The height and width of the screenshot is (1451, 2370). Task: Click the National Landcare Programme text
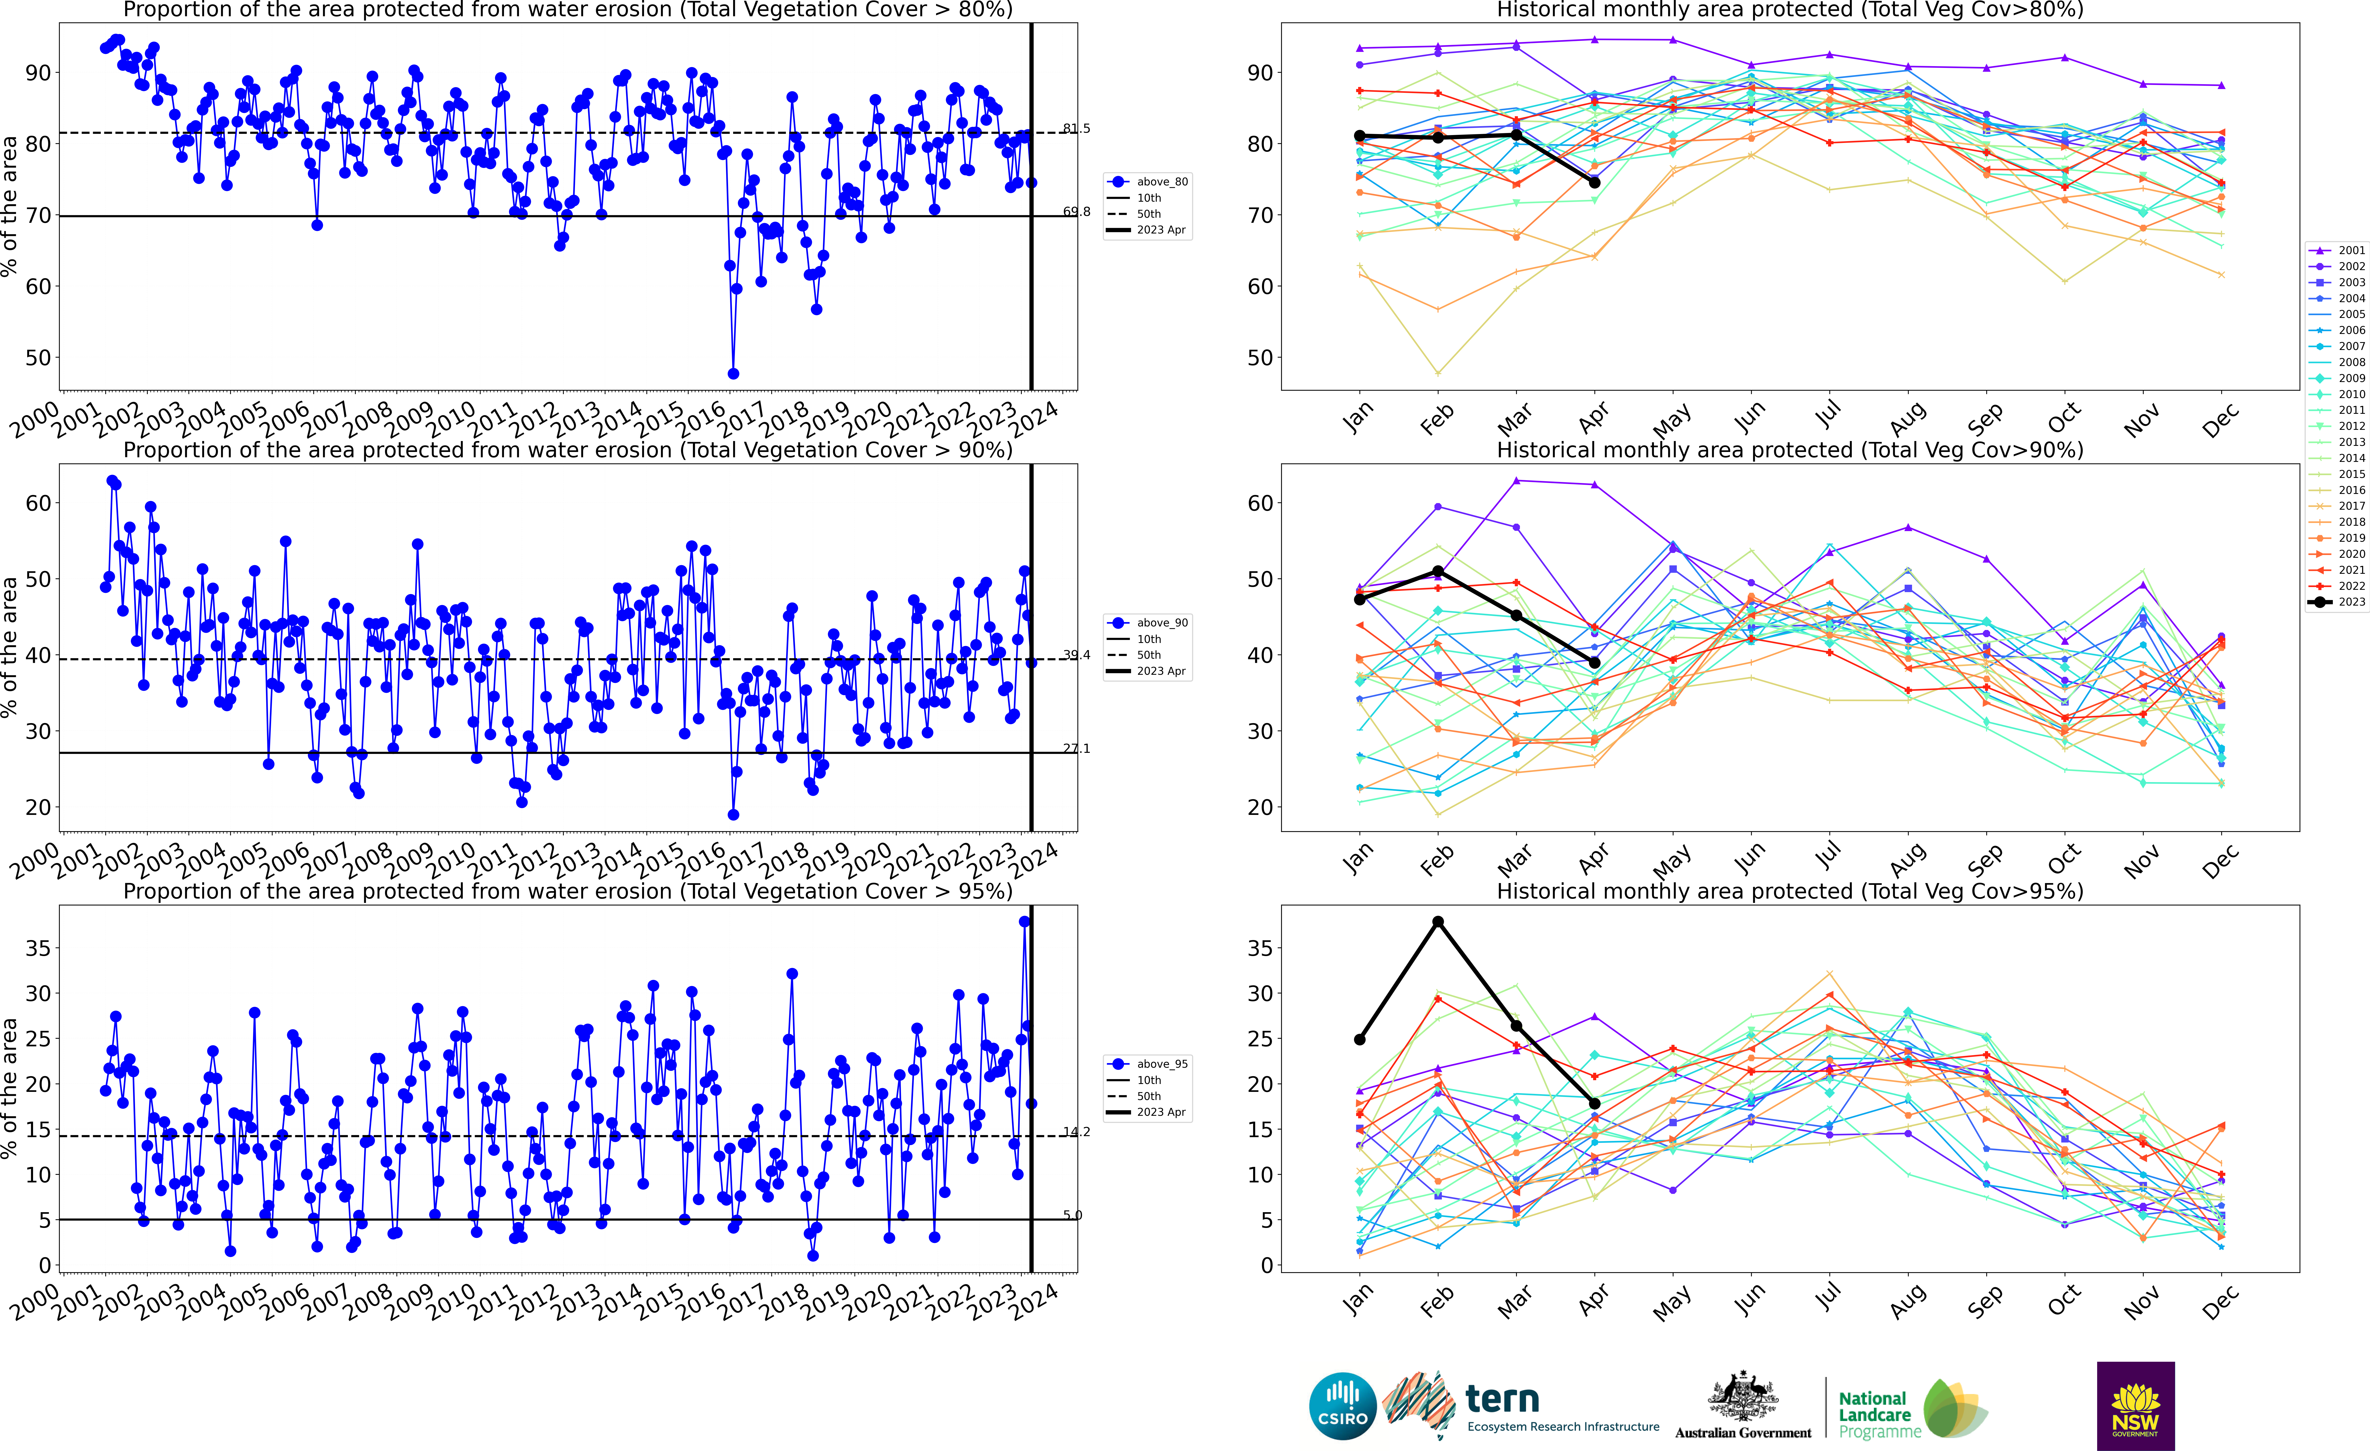click(1874, 1414)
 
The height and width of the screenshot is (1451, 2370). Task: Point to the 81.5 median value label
click(1076, 128)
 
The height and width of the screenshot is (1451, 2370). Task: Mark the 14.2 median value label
click(1076, 1132)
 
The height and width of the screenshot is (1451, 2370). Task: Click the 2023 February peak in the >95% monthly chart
click(1438, 922)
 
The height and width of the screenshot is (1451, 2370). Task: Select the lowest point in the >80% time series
click(733, 373)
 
